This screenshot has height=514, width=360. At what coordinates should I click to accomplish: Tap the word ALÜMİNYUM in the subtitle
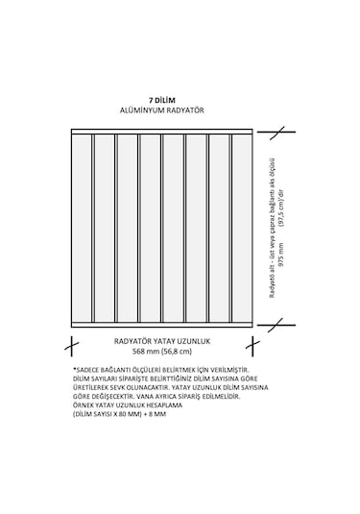click(x=143, y=111)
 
